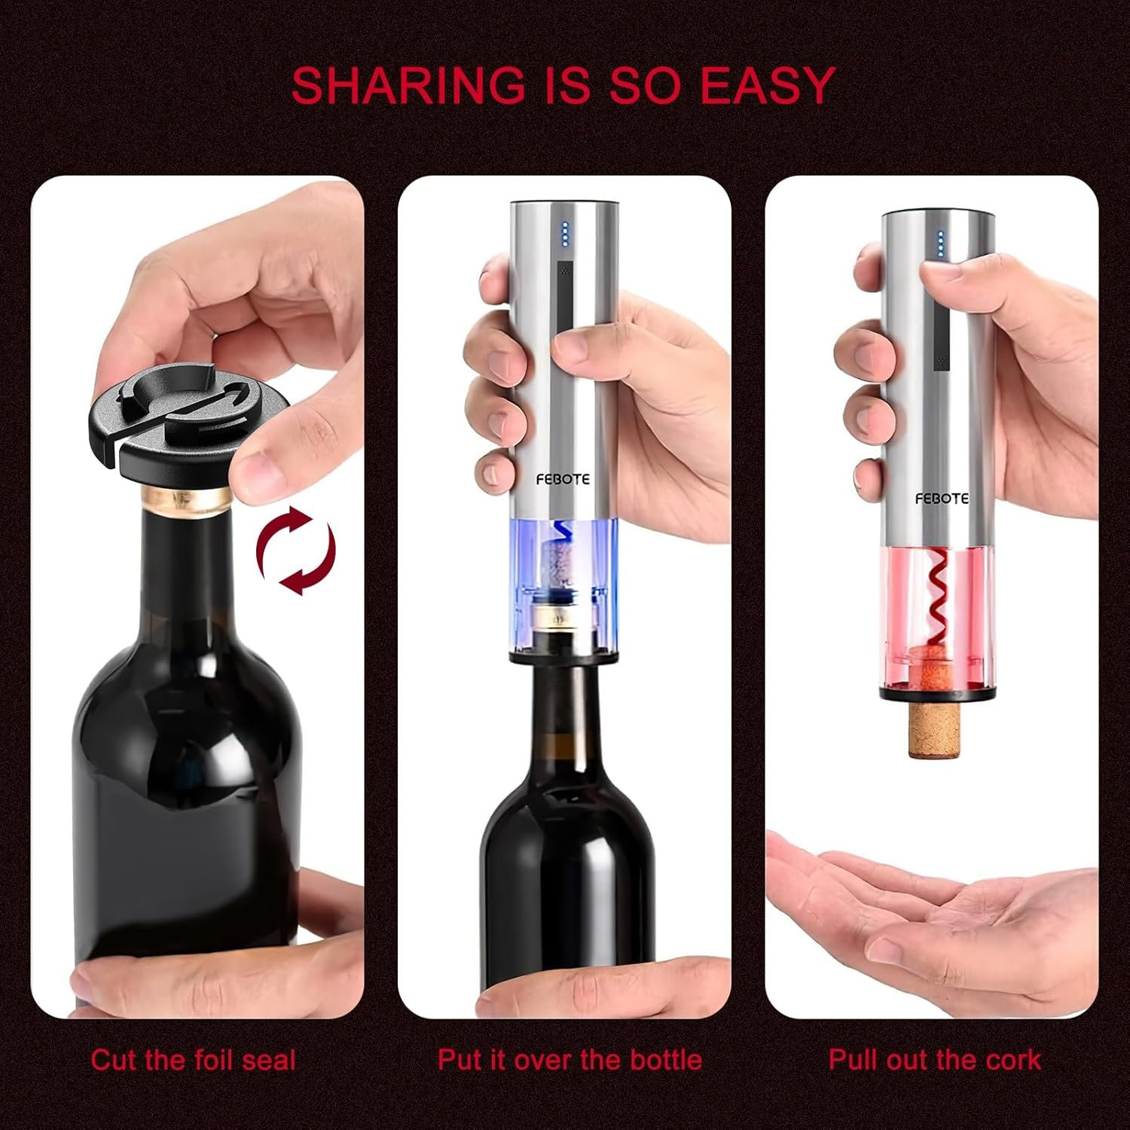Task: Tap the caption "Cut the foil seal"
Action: [193, 1060]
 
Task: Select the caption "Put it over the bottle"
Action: [570, 1060]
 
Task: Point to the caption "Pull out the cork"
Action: [934, 1060]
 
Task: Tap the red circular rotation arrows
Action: [295, 551]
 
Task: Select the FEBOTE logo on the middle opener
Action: [563, 479]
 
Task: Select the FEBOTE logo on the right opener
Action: [942, 498]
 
